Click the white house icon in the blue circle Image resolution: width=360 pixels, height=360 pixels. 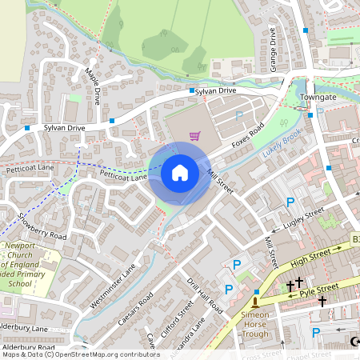[180, 172]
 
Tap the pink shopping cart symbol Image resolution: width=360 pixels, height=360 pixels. [194, 134]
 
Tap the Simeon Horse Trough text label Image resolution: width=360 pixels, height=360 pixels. [255, 324]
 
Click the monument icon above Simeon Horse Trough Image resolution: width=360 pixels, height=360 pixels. [255, 302]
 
